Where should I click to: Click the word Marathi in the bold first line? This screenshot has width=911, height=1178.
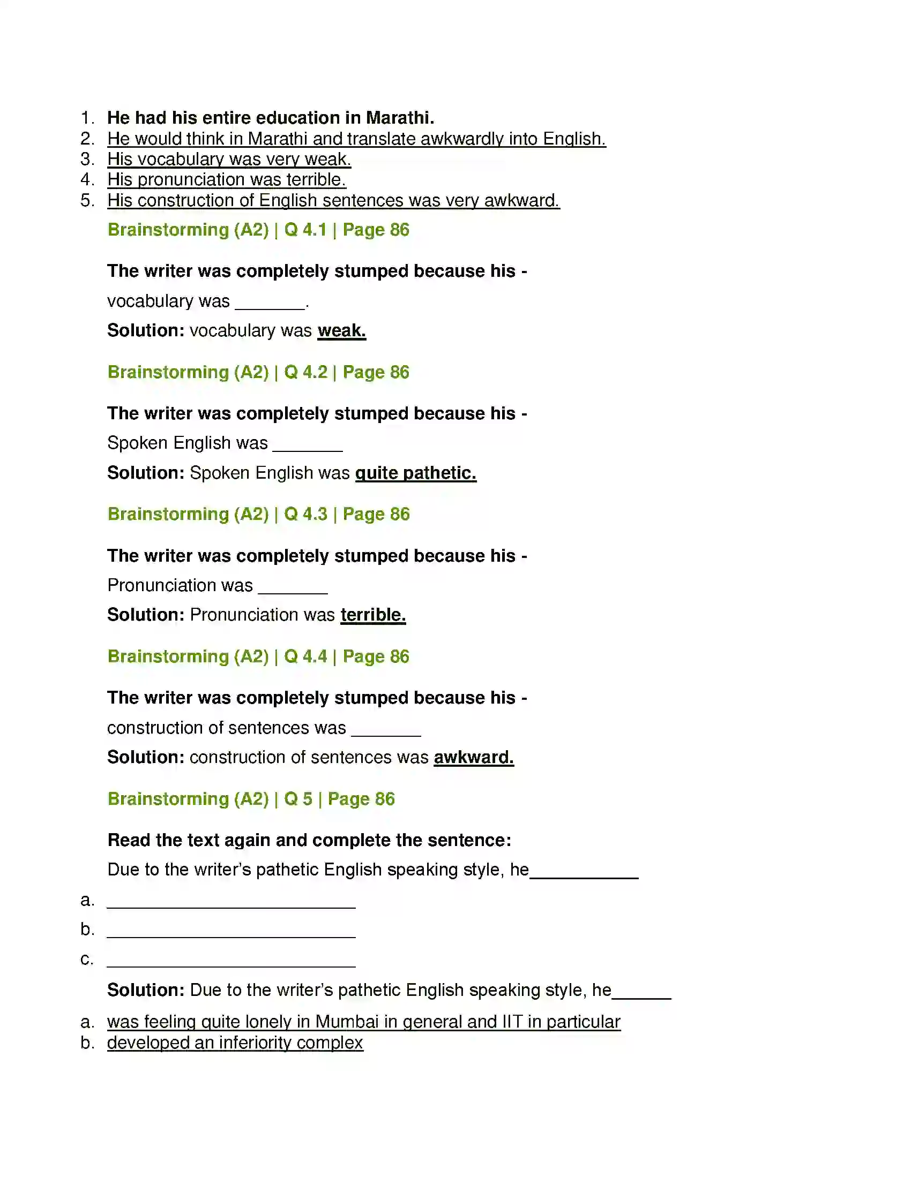pyautogui.click(x=399, y=118)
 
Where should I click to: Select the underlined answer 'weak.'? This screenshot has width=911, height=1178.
pyautogui.click(x=342, y=330)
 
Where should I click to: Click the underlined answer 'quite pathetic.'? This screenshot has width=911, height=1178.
pyautogui.click(x=415, y=473)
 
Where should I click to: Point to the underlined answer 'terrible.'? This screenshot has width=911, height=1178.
pyautogui.click(x=373, y=615)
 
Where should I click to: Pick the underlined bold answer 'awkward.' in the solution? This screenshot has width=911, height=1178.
pyautogui.click(x=473, y=757)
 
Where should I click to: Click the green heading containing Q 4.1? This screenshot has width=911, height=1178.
pyautogui.click(x=258, y=230)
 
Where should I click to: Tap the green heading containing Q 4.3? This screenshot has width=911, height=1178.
pyautogui.click(x=258, y=514)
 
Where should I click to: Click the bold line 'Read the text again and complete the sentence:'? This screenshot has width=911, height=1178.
pyautogui.click(x=309, y=840)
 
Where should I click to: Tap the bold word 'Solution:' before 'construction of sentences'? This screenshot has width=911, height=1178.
pyautogui.click(x=146, y=757)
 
